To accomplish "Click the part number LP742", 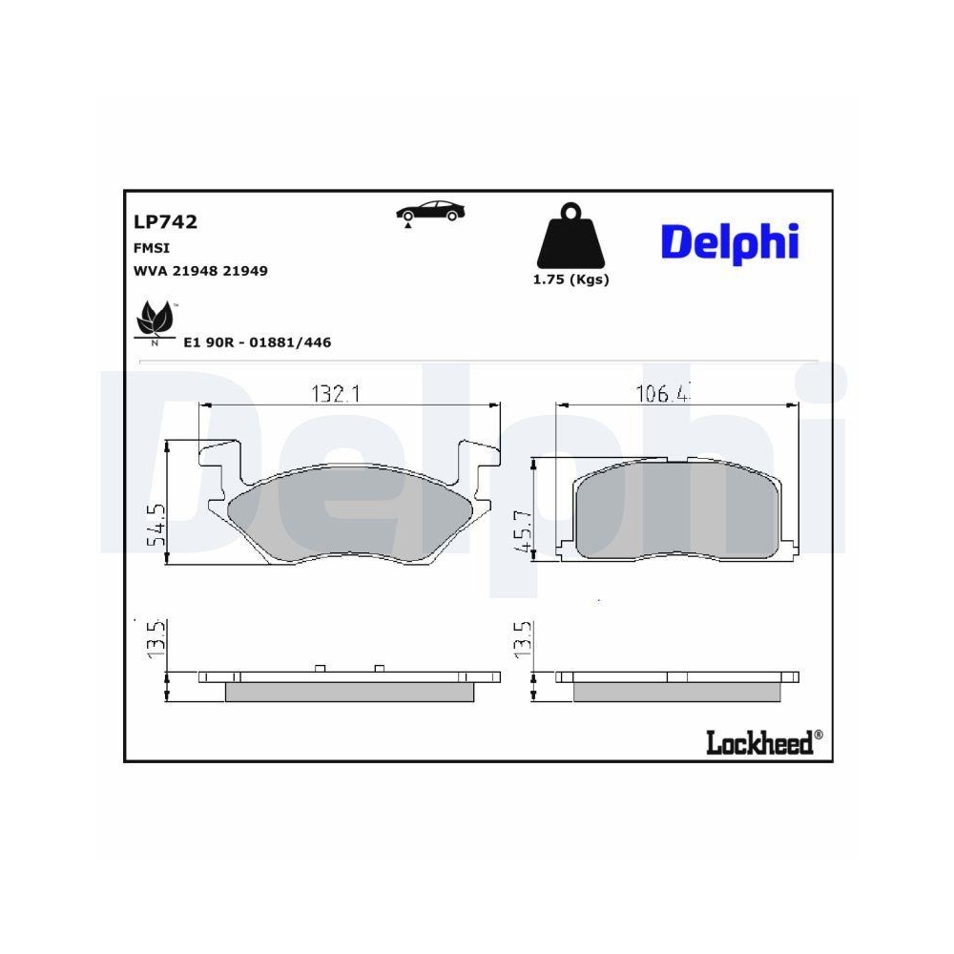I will [165, 222].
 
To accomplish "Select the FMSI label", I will [151, 247].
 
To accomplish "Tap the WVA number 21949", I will [245, 271].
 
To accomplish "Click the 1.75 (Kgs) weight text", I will [570, 280].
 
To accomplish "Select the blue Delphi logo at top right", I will [729, 241].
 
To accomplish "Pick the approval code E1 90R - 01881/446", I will [257, 342].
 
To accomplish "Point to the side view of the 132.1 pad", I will [348, 684].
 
